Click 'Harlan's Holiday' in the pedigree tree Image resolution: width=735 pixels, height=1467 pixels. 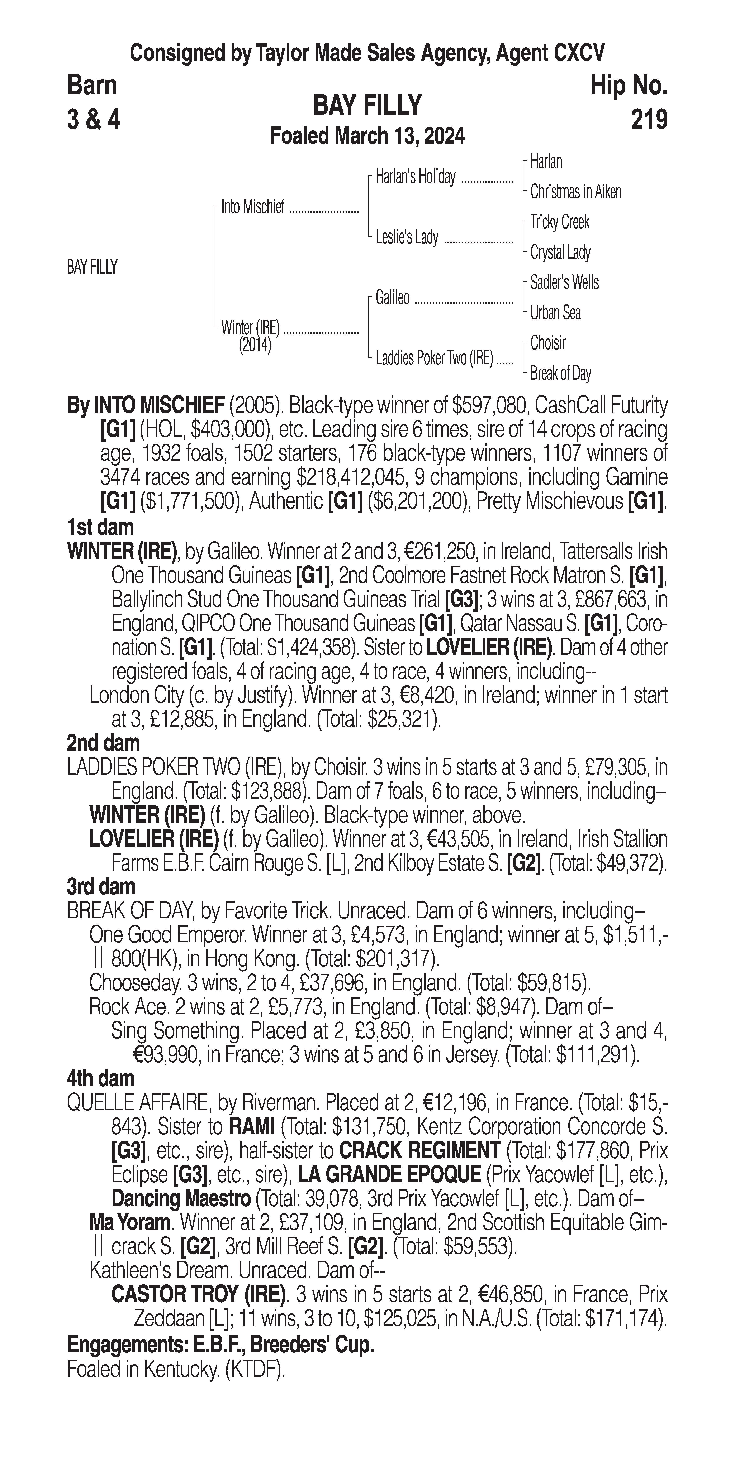pos(415,177)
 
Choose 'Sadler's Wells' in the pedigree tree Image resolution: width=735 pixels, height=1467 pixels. pos(564,283)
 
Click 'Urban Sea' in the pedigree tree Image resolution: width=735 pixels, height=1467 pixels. pos(555,313)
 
